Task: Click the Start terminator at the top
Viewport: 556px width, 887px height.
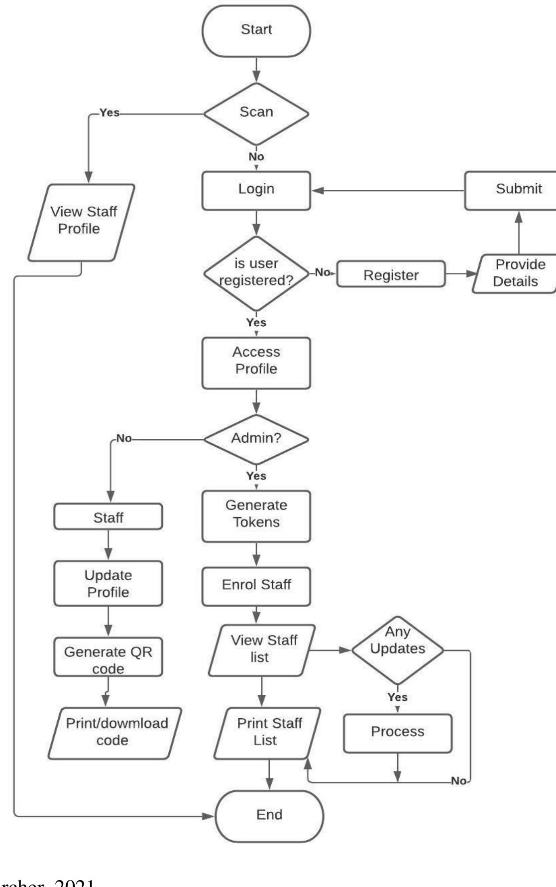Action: (256, 30)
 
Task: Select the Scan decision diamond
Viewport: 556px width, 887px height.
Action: (256, 113)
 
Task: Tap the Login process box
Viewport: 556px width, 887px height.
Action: (256, 190)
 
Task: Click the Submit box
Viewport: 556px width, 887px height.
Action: (513, 190)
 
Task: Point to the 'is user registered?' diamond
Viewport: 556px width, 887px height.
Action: (256, 273)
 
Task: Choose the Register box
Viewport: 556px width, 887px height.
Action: (391, 274)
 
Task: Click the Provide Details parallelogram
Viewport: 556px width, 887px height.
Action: (516, 273)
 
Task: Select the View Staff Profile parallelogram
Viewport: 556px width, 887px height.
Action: (81, 222)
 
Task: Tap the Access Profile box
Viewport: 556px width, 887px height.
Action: (256, 363)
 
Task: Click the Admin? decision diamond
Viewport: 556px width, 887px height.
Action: (256, 439)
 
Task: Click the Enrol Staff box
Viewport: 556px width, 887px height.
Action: (256, 586)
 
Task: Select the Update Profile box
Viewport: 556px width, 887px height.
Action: (108, 583)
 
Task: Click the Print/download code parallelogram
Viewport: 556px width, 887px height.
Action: (115, 733)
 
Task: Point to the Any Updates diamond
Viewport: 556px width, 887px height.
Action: (397, 649)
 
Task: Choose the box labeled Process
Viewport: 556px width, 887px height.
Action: (397, 733)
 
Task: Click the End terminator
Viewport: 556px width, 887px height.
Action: (269, 816)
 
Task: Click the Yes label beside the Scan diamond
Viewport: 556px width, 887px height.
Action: (109, 113)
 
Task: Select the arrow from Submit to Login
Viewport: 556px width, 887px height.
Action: (388, 191)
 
